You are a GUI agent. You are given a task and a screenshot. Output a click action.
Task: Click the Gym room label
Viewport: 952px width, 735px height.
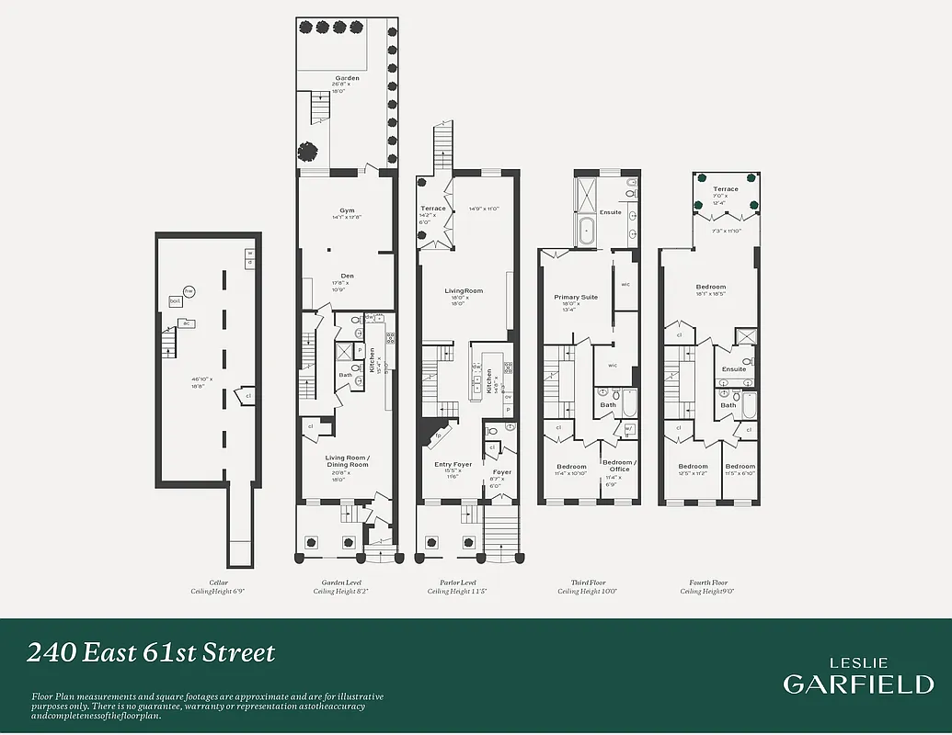347,210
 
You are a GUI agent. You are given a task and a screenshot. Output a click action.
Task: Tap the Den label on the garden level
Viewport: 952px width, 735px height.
347,276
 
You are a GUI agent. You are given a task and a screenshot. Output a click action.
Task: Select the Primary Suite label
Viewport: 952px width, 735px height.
576,298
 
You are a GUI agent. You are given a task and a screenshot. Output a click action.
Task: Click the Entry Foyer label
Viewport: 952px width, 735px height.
453,465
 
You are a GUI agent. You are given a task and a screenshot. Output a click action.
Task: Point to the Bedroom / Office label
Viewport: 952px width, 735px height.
618,466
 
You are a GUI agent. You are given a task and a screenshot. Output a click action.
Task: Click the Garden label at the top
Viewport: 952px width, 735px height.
347,79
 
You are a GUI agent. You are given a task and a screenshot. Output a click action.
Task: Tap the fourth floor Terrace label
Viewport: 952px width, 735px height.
726,189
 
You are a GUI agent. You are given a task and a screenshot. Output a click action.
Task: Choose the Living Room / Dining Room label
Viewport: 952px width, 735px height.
347,461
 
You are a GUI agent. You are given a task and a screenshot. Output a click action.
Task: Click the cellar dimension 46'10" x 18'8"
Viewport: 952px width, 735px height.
199,383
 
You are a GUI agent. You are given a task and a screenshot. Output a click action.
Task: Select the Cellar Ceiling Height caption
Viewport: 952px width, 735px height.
217,588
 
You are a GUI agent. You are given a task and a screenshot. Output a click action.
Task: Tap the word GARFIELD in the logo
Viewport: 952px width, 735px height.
857,684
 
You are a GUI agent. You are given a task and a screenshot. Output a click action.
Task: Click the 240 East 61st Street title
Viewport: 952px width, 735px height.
151,653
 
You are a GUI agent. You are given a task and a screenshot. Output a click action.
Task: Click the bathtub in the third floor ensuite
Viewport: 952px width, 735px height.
587,231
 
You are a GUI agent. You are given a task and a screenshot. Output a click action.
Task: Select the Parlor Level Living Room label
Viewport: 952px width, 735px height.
465,291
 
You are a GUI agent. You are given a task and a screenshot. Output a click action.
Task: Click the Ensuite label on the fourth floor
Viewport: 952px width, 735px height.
734,369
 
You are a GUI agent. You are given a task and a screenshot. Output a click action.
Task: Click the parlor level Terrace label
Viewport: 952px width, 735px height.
433,209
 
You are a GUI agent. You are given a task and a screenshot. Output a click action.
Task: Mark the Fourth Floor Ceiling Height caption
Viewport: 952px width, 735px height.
708,588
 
